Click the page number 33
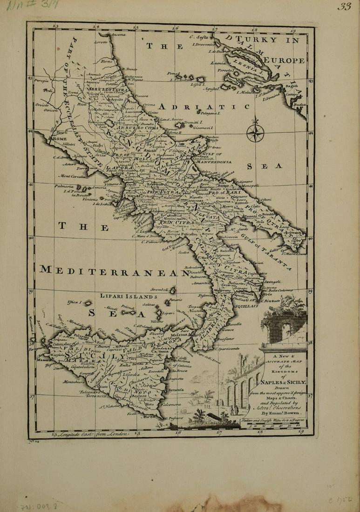(x=345, y=7)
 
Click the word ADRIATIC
(x=204, y=107)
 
